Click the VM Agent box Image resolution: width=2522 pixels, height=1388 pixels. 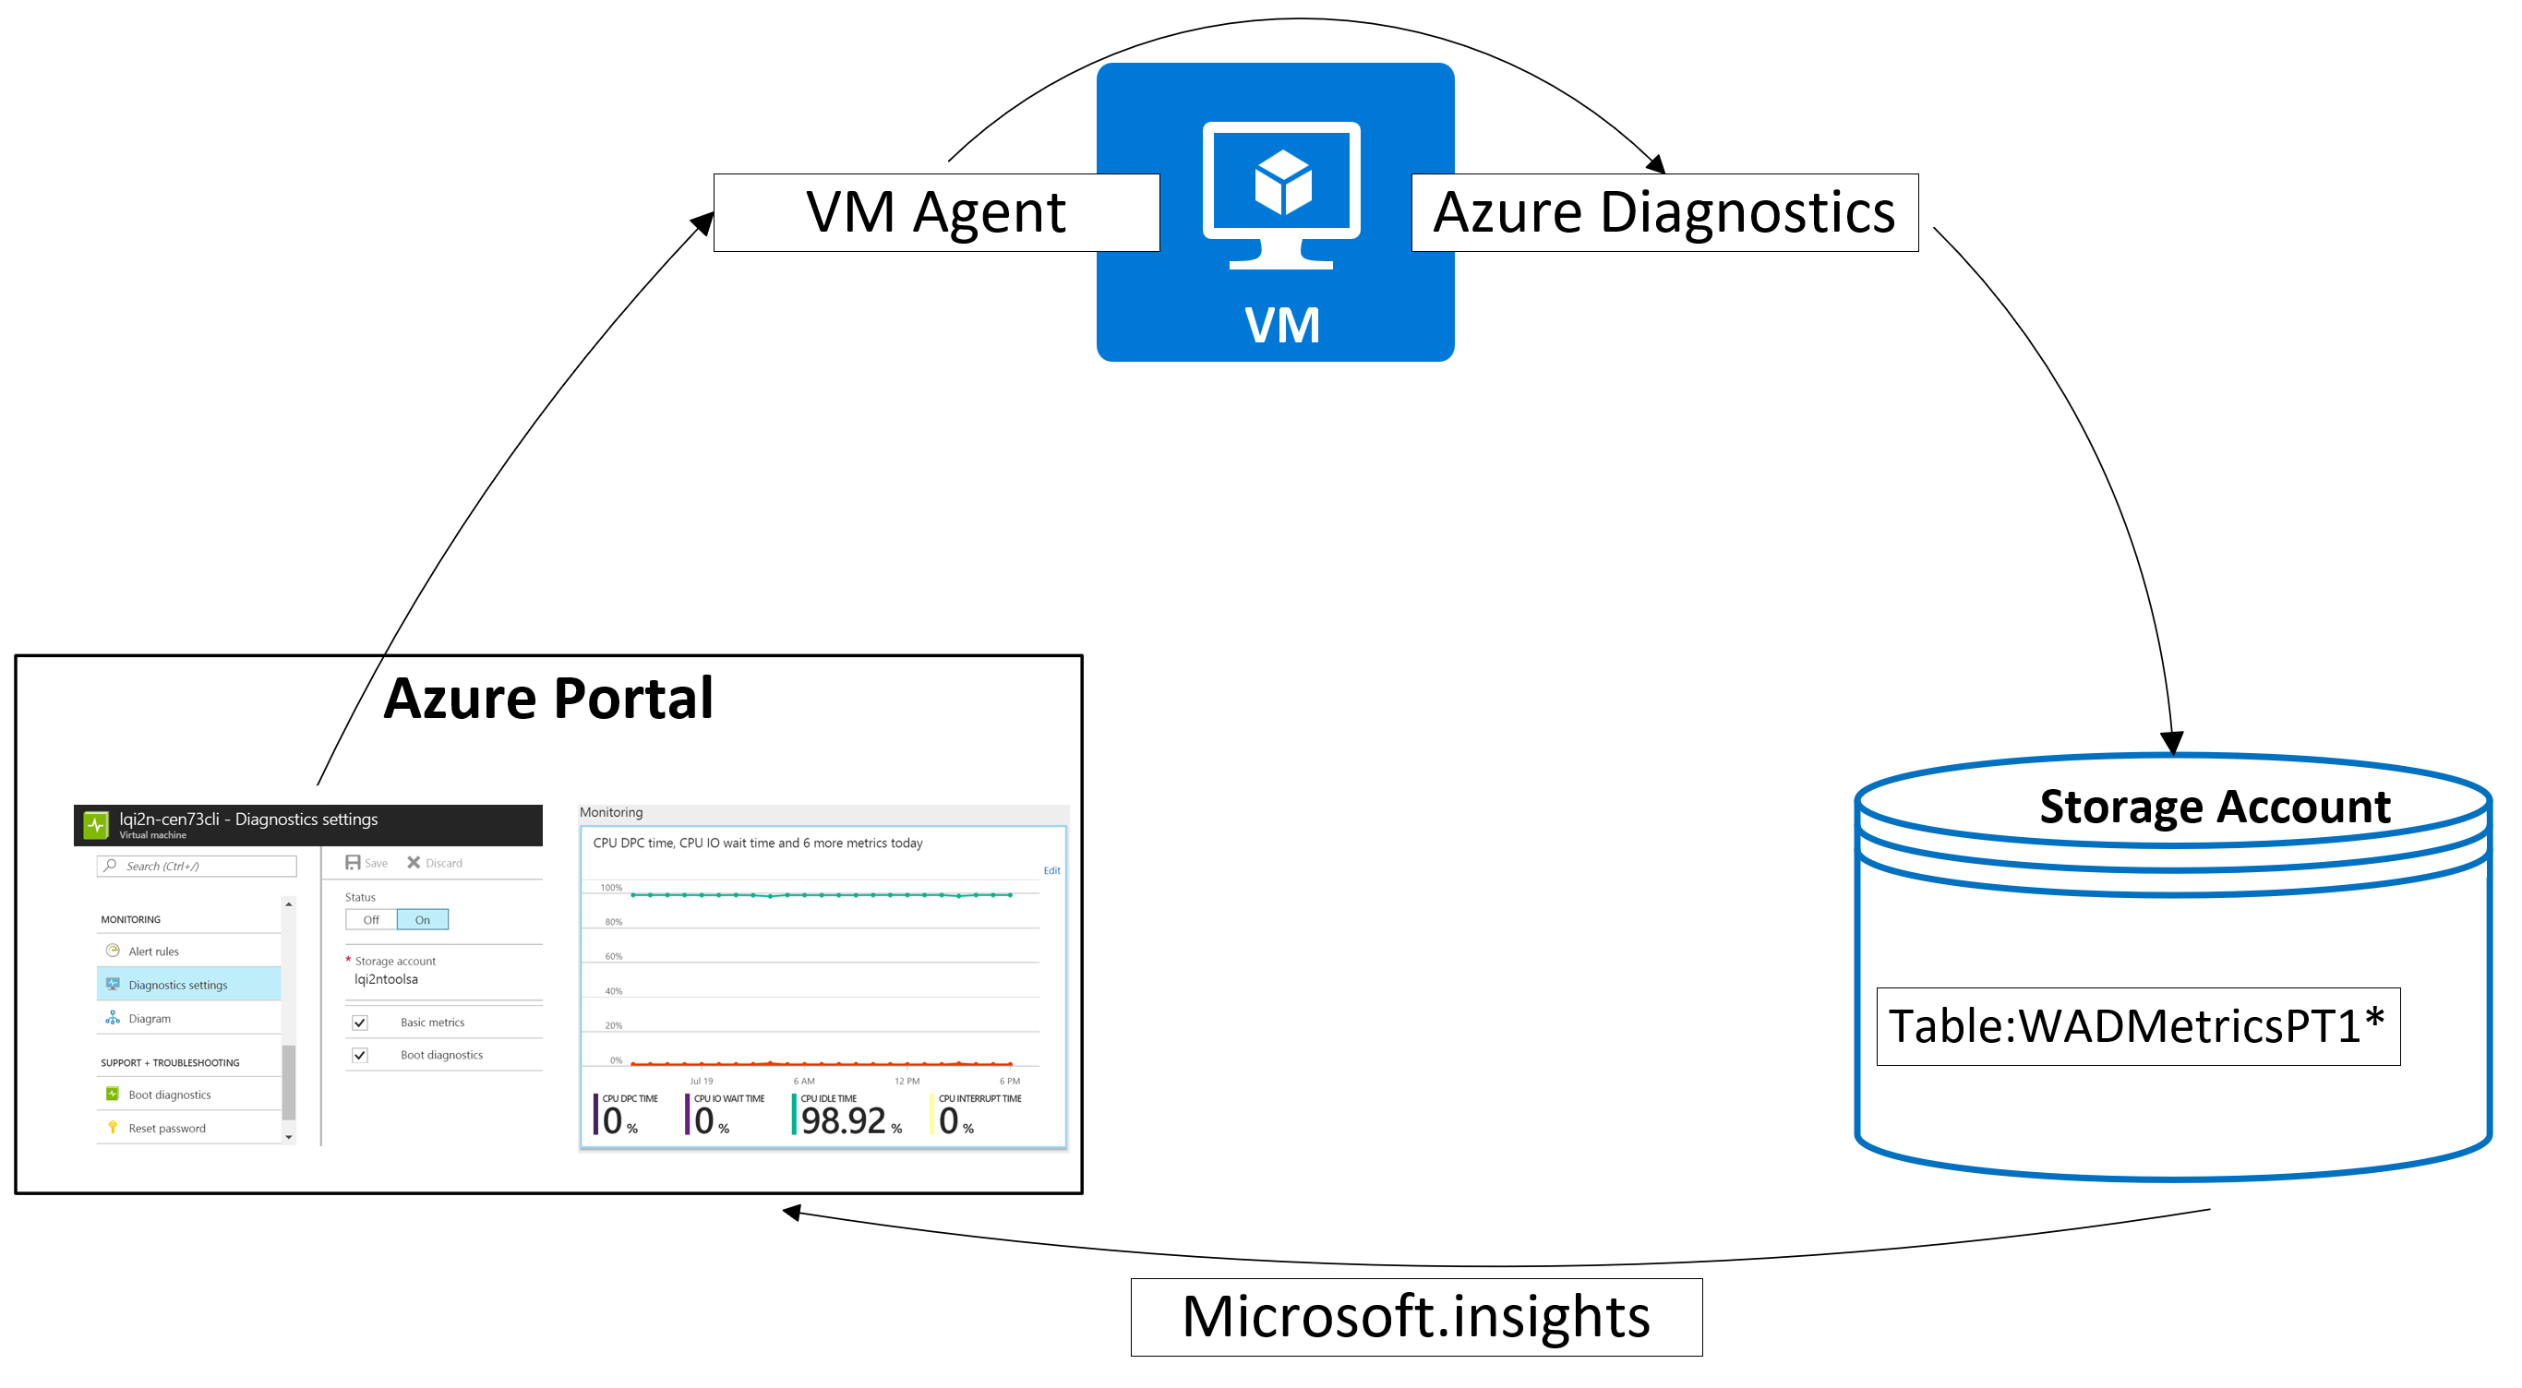935,212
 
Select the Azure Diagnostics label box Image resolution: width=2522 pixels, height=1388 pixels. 1663,212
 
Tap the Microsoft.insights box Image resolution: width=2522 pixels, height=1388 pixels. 1416,1317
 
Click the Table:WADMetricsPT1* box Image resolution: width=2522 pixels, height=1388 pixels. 2137,1026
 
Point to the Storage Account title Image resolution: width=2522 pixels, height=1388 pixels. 2215,807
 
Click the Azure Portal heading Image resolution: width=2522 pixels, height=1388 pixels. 548,698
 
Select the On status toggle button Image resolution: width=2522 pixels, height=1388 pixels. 422,920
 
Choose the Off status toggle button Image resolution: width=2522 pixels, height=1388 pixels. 371,920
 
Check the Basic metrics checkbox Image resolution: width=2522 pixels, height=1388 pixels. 360,1023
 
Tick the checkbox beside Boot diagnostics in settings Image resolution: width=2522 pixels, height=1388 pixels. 360,1055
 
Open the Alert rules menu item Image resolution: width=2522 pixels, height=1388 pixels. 154,951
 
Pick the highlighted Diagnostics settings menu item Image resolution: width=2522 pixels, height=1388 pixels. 177,985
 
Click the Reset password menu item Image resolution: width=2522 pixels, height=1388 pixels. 166,1129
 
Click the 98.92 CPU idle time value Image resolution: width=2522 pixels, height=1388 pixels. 843,1120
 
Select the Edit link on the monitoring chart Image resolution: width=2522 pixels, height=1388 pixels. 1051,870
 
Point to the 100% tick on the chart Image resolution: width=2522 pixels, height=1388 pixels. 611,888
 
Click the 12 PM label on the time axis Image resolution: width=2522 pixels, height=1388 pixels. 907,1082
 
